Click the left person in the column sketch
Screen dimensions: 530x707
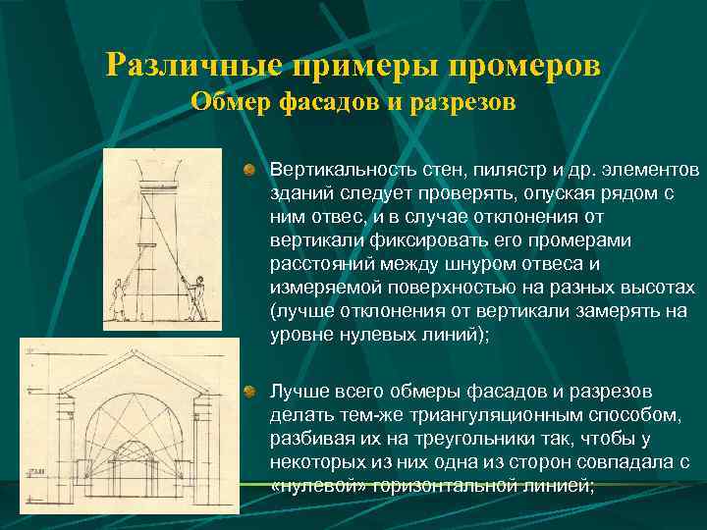(121, 299)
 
